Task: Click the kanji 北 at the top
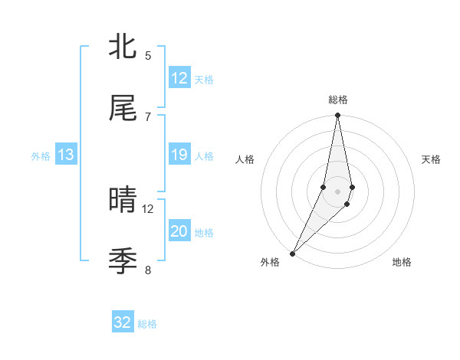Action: (x=123, y=47)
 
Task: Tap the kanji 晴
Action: (x=123, y=200)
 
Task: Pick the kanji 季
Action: (x=123, y=261)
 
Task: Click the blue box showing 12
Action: (x=179, y=78)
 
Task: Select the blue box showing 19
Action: (x=179, y=155)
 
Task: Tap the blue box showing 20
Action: (x=179, y=231)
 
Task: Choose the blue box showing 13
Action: (x=66, y=155)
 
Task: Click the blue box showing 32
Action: (x=123, y=322)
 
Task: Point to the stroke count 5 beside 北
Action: (x=148, y=55)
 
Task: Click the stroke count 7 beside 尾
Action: (x=148, y=116)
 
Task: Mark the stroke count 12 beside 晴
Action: (x=148, y=208)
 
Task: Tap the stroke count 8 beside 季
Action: (x=148, y=270)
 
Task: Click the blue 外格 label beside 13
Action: (x=41, y=155)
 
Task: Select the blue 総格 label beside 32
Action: (x=148, y=324)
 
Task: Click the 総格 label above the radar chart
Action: (x=338, y=100)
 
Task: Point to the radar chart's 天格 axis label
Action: (x=432, y=159)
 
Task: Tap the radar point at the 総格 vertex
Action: (x=337, y=116)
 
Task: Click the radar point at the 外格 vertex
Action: (x=292, y=253)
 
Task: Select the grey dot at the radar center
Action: (x=337, y=191)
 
